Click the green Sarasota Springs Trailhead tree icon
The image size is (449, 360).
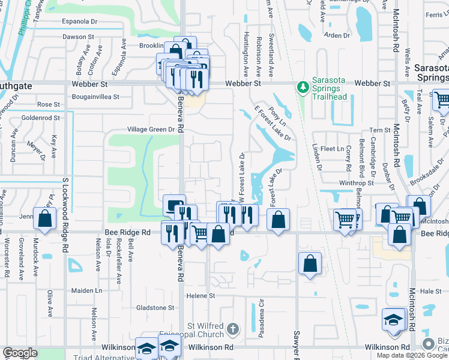pyautogui.click(x=304, y=88)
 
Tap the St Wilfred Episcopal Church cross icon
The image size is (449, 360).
pyautogui.click(x=233, y=329)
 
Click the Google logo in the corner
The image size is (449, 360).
pyautogui.click(x=20, y=353)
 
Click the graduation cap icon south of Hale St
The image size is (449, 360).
pyautogui.click(x=393, y=318)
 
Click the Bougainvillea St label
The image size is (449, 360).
pyautogui.click(x=96, y=96)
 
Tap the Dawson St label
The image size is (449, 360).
pyautogui.click(x=78, y=37)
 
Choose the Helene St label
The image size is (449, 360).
pyautogui.click(x=200, y=296)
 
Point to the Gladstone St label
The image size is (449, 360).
pyautogui.click(x=154, y=308)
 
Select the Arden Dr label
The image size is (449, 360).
pyautogui.click(x=337, y=35)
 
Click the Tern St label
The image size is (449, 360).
pyautogui.click(x=379, y=130)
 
